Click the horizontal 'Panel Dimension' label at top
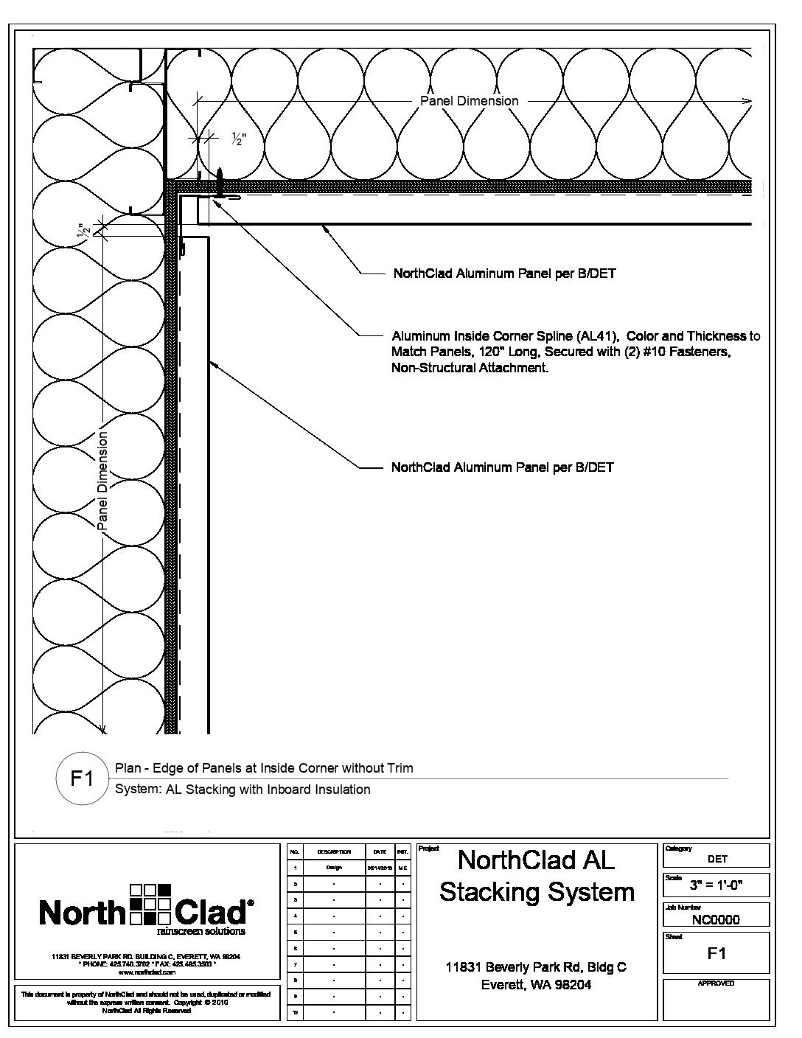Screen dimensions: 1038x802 click(x=469, y=101)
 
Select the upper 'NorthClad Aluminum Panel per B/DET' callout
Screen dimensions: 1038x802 click(x=504, y=274)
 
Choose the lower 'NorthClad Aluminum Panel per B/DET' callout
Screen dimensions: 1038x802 click(x=502, y=467)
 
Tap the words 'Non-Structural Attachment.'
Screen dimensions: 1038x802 click(x=470, y=368)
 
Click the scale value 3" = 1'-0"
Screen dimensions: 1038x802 click(x=716, y=885)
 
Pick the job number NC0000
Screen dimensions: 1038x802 click(x=716, y=919)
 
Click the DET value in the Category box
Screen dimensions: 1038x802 click(x=716, y=859)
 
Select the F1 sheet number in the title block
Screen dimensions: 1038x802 click(x=716, y=953)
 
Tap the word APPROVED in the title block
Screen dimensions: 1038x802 click(x=716, y=983)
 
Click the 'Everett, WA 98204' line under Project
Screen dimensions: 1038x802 click(x=536, y=985)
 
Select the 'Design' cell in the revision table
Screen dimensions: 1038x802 click(x=333, y=868)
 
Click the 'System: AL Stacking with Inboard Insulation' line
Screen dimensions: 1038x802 click(x=243, y=790)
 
